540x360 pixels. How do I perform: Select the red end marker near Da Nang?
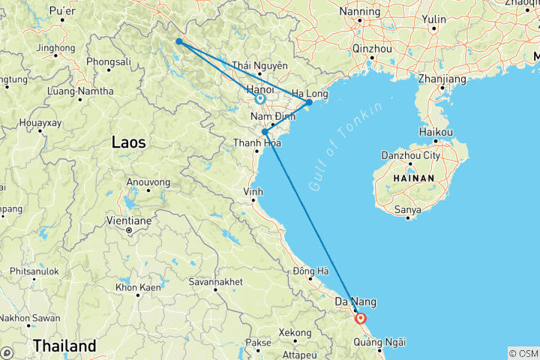(361, 317)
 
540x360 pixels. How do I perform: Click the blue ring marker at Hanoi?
(259, 98)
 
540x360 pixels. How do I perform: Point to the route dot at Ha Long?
(309, 102)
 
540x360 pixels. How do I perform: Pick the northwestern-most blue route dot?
(178, 41)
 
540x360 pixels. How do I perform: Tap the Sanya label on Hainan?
(407, 201)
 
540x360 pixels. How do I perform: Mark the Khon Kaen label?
(136, 288)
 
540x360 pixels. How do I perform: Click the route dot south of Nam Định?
(265, 132)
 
